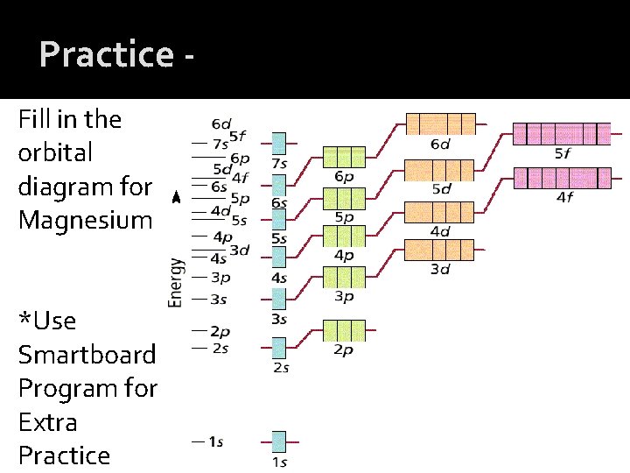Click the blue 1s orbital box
pos(279,441)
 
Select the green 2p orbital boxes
pos(344,330)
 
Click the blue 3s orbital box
pos(279,300)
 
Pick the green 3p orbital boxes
pos(344,278)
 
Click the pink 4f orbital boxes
pos(561,178)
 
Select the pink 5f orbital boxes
pos(561,133)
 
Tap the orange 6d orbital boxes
pos(439,124)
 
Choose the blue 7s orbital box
pos(279,143)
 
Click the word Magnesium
pos(85,220)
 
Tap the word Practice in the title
pos(107,54)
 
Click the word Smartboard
pos(87,355)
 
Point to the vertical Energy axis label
pos(176,282)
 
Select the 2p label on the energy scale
pos(219,331)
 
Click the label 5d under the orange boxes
pos(441,188)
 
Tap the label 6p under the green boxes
pos(344,176)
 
